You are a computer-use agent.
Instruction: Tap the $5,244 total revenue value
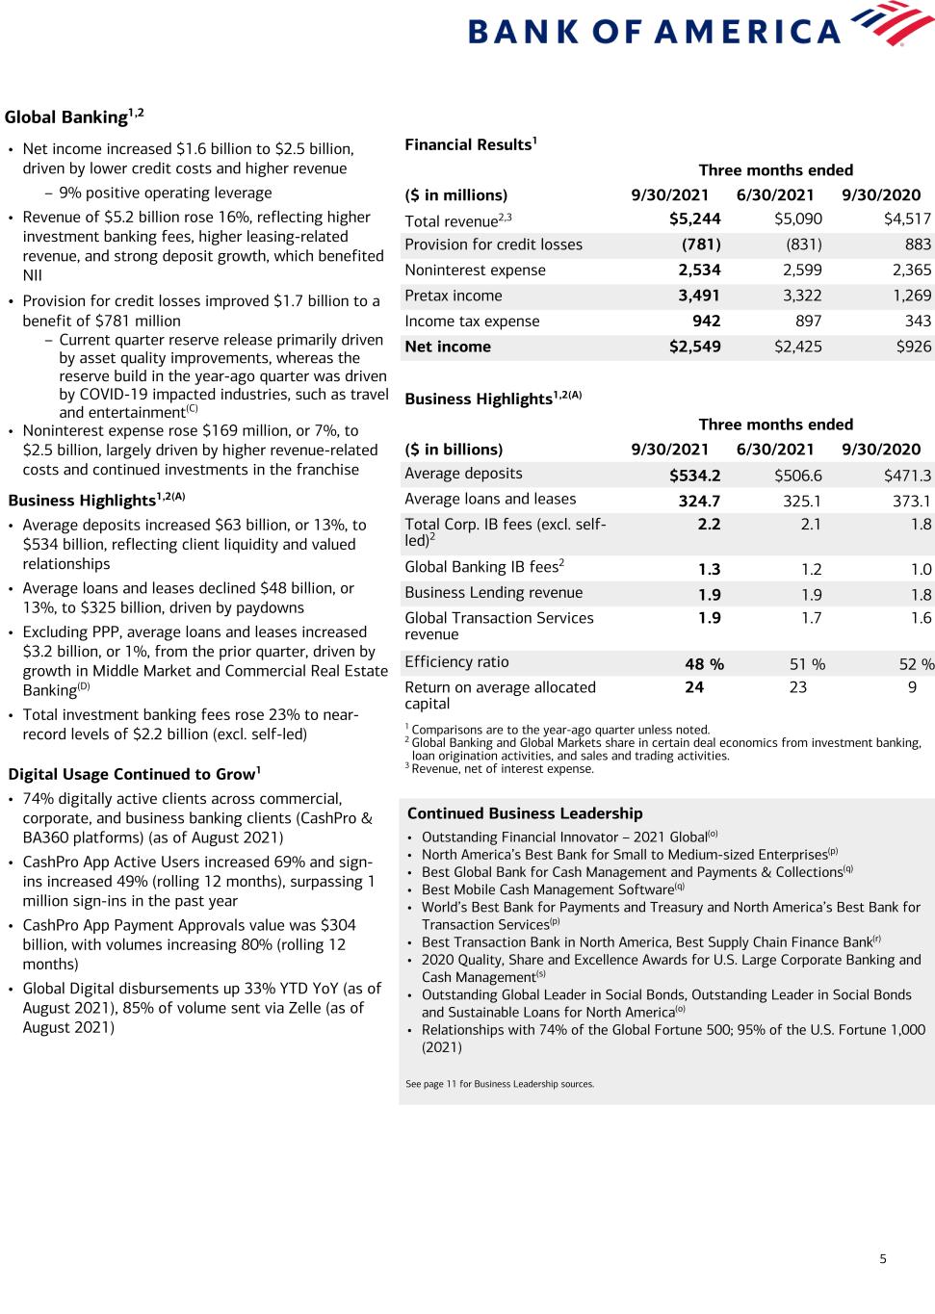(694, 219)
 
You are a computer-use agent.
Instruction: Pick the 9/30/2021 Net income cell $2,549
(694, 347)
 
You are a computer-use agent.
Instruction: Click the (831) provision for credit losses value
(804, 245)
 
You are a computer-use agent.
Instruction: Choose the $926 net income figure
(913, 347)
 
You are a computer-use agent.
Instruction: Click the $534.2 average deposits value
(694, 476)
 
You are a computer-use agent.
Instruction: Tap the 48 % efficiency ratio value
(704, 664)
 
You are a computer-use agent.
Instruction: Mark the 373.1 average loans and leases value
(911, 501)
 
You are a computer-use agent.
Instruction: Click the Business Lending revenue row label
(493, 593)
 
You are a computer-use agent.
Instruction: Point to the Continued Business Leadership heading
(525, 813)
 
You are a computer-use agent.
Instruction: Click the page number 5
(883, 1258)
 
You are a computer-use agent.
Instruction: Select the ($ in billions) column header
(454, 450)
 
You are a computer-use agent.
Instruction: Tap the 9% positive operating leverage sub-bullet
(165, 193)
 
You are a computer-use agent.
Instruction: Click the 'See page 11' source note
(500, 1084)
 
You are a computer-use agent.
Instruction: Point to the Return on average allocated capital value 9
(912, 687)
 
